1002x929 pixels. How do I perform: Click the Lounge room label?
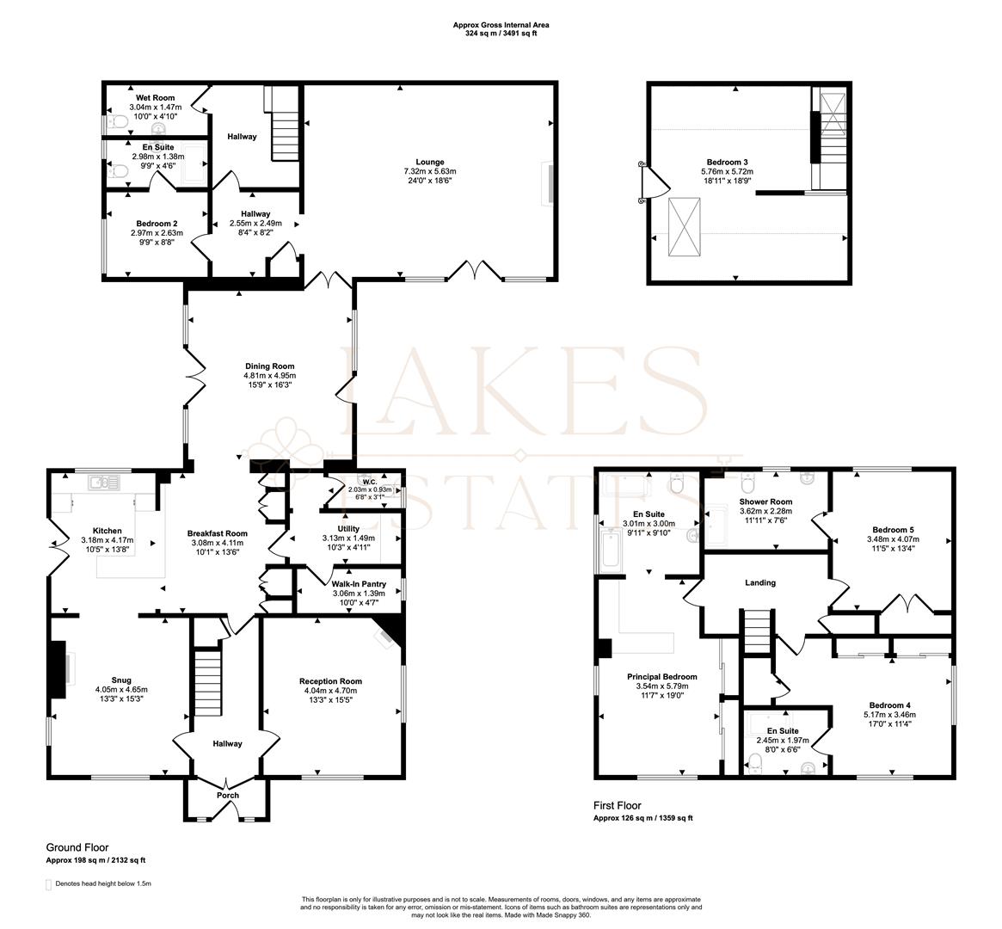point(429,162)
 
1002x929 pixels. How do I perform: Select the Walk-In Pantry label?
point(359,584)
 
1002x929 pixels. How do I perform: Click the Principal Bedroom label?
point(661,677)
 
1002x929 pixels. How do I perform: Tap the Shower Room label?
point(765,501)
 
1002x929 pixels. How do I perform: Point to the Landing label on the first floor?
point(759,582)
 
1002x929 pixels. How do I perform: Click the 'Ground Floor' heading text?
point(77,847)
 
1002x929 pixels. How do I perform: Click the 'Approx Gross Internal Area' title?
point(501,25)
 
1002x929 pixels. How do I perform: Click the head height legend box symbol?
point(48,883)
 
